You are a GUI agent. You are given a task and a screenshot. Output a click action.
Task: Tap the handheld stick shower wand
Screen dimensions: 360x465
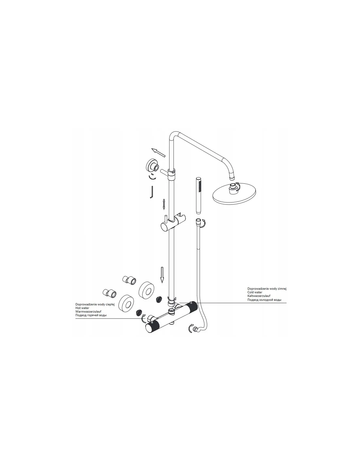199,195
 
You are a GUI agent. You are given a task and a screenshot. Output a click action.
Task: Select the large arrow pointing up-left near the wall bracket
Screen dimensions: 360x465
158,152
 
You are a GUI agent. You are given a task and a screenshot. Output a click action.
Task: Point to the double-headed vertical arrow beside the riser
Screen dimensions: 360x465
164,204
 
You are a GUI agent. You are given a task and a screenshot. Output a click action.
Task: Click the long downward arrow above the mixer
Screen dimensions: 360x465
162,275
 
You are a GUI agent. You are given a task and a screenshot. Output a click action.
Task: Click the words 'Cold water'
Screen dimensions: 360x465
255,292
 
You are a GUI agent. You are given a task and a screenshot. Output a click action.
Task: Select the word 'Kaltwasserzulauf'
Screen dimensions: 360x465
259,296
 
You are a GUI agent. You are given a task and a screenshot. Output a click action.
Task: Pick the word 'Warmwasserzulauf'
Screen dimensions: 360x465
88,312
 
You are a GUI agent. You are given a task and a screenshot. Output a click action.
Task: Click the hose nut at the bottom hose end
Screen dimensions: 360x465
195,328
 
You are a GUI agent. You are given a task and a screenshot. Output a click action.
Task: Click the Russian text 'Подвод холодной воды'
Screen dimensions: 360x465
264,300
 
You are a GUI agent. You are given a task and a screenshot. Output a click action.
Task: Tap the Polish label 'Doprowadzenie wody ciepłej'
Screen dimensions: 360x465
95,304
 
